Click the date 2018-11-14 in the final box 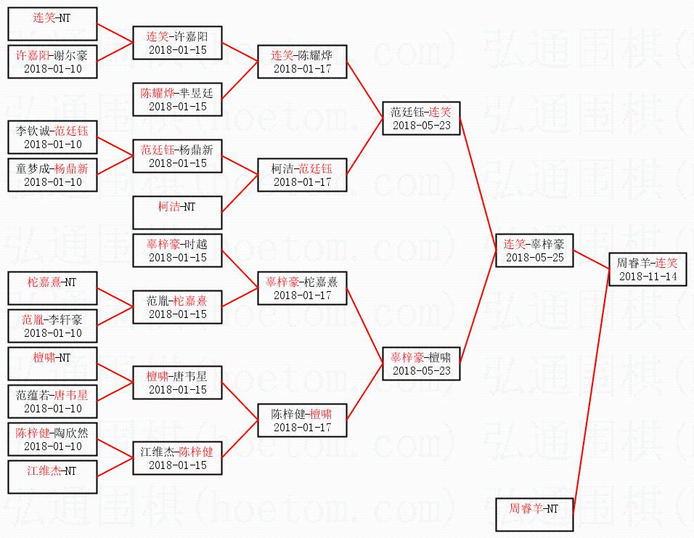[x=648, y=277]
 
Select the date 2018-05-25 [x=534, y=258]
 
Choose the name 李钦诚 [x=34, y=131]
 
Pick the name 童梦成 [x=34, y=168]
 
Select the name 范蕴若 [x=34, y=395]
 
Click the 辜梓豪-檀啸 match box [x=422, y=364]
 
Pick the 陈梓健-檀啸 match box [x=301, y=420]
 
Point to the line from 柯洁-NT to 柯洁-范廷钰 [x=240, y=191]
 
